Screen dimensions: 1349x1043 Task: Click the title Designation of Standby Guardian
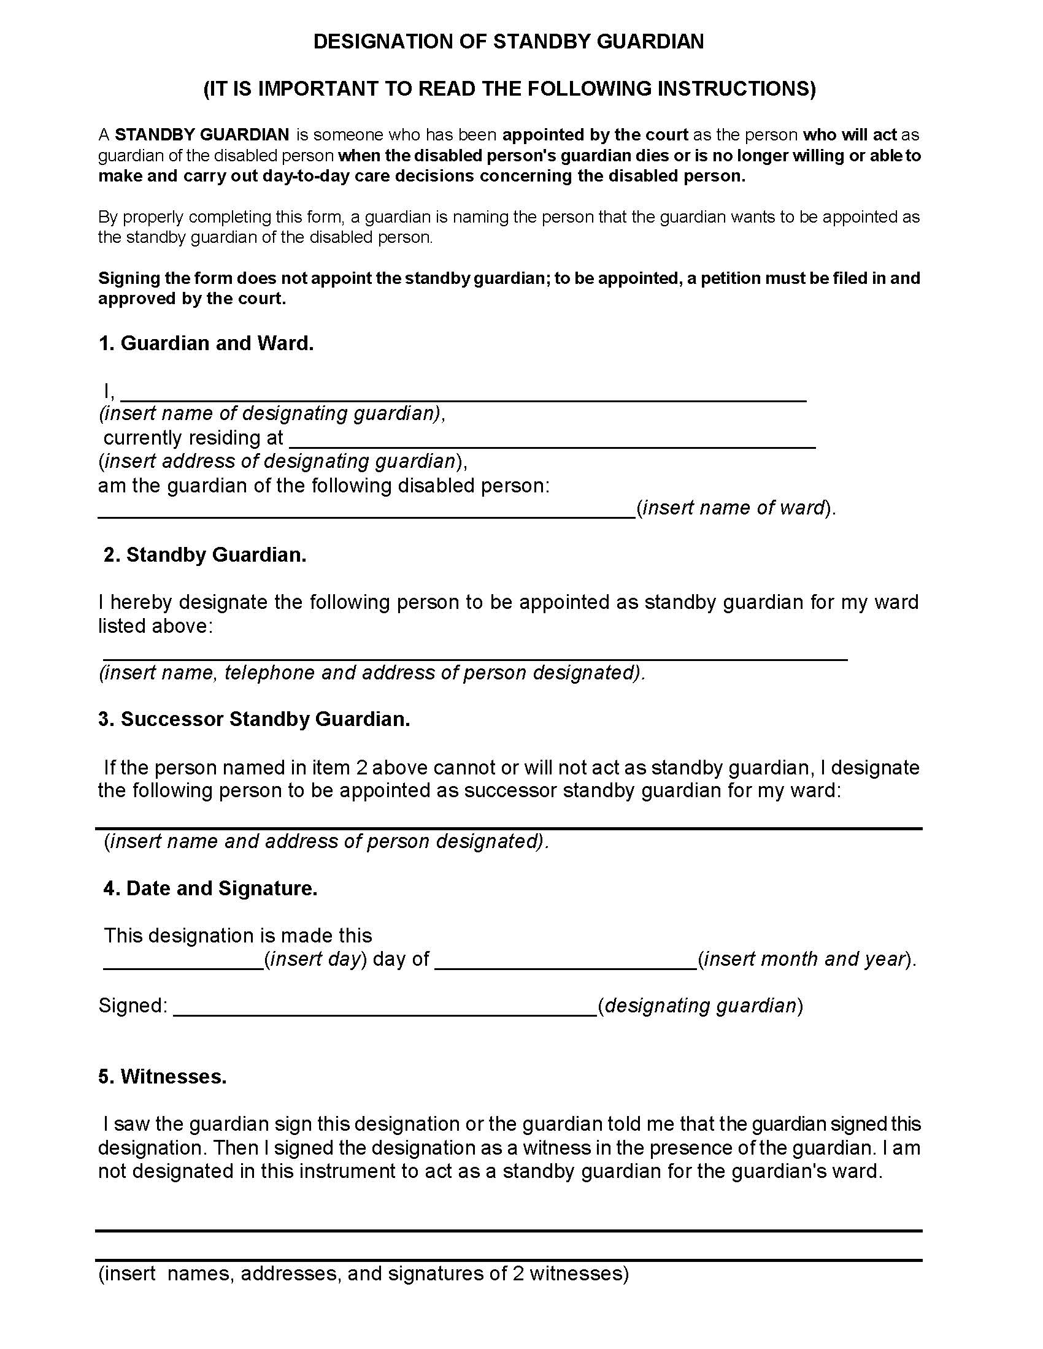click(x=508, y=41)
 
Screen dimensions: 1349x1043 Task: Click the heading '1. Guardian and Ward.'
click(x=206, y=343)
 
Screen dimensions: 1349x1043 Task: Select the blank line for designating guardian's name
click(x=463, y=396)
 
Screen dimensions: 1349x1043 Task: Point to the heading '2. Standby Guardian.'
click(x=204, y=555)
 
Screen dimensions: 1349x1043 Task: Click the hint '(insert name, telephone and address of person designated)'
click(x=372, y=672)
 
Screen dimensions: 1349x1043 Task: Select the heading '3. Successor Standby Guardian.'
click(x=254, y=719)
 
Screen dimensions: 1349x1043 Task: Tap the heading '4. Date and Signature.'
click(x=210, y=889)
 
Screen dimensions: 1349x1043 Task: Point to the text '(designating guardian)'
click(x=700, y=1006)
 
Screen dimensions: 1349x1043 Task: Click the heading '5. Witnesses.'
click(x=162, y=1076)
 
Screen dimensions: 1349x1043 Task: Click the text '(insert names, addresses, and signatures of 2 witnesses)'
click(x=363, y=1274)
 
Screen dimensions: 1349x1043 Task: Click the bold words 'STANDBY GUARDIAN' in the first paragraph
click(x=202, y=135)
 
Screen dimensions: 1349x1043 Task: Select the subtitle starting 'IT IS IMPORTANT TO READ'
click(x=509, y=88)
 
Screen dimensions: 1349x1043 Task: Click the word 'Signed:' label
click(x=133, y=1006)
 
